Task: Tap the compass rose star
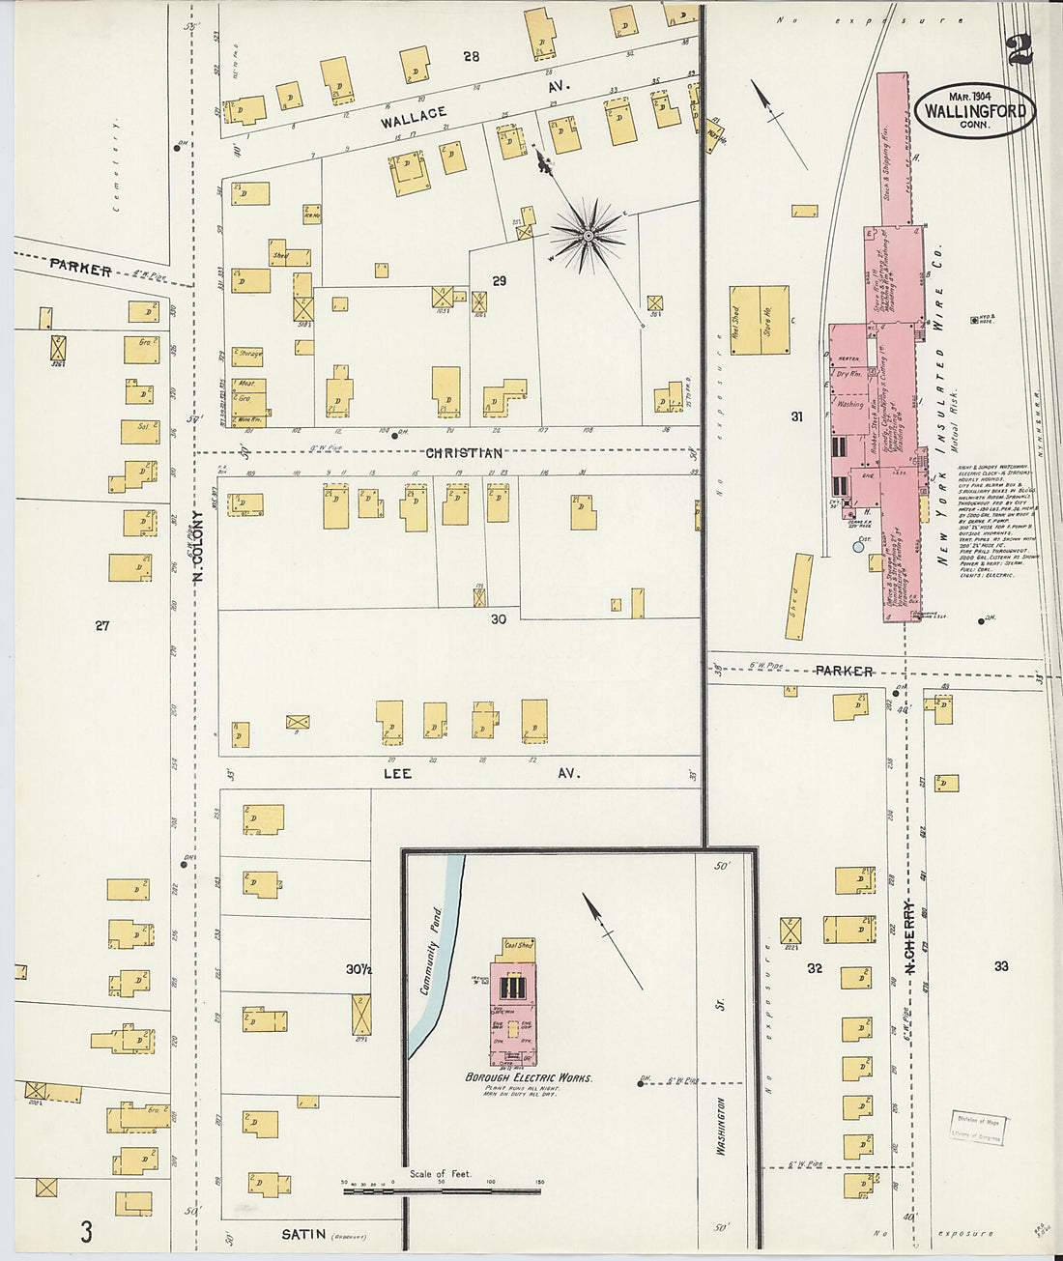pos(587,235)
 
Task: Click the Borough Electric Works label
pos(529,1077)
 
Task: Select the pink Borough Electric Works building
pos(515,1010)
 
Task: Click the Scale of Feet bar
pos(442,1190)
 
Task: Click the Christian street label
pos(465,453)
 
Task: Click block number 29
pos(499,281)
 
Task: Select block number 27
pos(101,625)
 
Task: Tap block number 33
pos(1000,966)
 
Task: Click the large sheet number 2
pos(1019,48)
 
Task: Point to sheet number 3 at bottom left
pos(86,1232)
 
